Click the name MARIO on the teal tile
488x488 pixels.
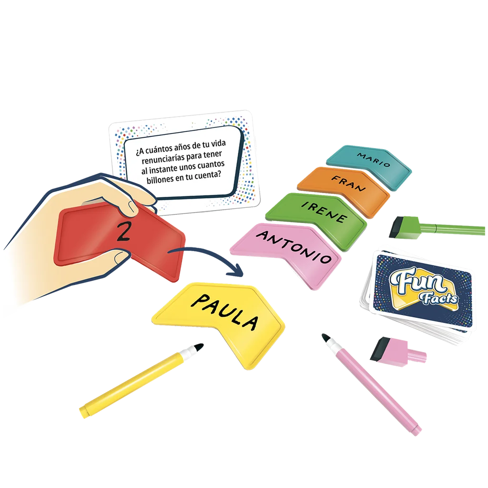(374, 160)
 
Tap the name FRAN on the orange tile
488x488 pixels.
(348, 183)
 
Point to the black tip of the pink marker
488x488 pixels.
(325, 337)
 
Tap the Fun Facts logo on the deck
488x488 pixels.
(424, 287)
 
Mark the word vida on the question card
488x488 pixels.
(218, 144)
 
